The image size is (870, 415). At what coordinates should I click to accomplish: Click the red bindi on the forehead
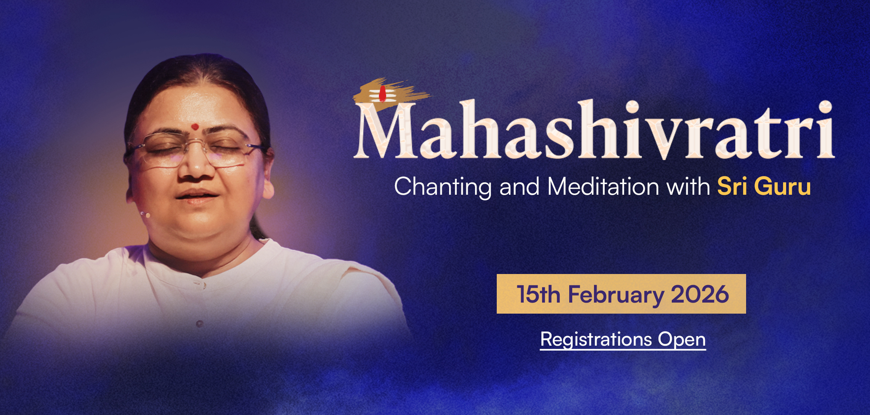point(195,127)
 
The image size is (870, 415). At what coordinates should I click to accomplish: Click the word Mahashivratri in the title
point(594,130)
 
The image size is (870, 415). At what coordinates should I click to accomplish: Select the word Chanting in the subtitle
point(443,187)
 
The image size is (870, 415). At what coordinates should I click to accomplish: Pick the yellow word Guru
point(782,187)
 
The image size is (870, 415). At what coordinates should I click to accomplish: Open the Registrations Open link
point(623,340)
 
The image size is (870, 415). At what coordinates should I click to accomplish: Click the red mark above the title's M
point(382,94)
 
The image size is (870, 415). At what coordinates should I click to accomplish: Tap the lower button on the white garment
point(199,324)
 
